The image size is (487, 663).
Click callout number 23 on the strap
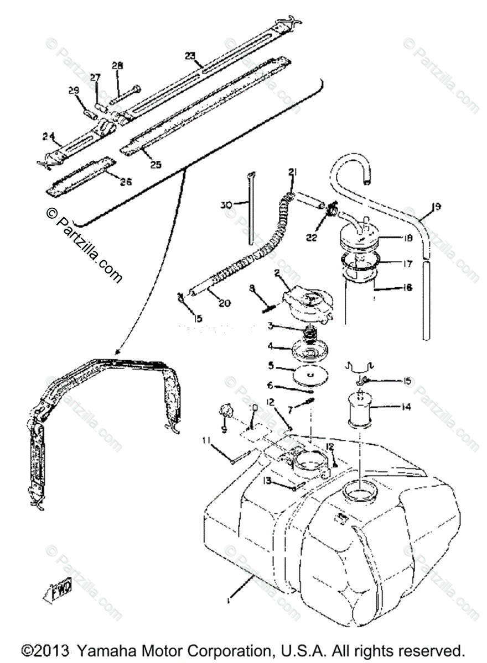pos(190,56)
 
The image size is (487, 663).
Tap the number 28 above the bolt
pos(117,66)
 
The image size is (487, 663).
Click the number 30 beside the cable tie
pos(224,204)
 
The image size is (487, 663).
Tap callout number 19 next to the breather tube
pos(437,208)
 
